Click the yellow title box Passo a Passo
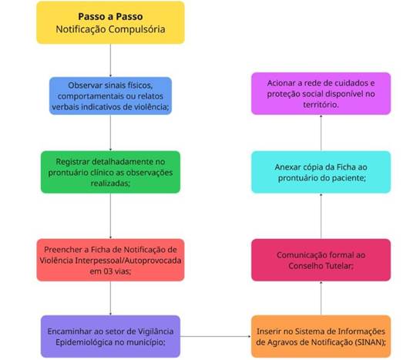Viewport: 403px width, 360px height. pos(110,22)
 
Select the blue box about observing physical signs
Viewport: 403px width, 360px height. pos(110,96)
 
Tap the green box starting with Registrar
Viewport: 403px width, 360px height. pos(110,172)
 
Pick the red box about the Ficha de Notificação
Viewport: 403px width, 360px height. pos(110,260)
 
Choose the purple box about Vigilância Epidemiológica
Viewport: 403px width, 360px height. pos(110,336)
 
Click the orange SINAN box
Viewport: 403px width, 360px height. pos(321,336)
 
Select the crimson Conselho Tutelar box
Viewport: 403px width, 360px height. pos(321,260)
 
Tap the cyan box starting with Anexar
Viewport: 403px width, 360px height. pos(321,172)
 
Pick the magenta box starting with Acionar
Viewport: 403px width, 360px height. pos(321,93)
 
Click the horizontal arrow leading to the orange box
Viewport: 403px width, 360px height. pos(216,336)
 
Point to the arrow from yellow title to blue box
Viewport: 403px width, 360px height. pos(110,60)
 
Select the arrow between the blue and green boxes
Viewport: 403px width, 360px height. pos(110,133)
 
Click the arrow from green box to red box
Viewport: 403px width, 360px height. pos(110,216)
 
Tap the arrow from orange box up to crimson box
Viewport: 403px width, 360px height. pos(321,298)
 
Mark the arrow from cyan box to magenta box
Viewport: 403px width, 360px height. pos(321,133)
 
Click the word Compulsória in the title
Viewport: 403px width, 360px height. pos(136,29)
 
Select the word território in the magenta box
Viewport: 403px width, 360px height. pos(321,105)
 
